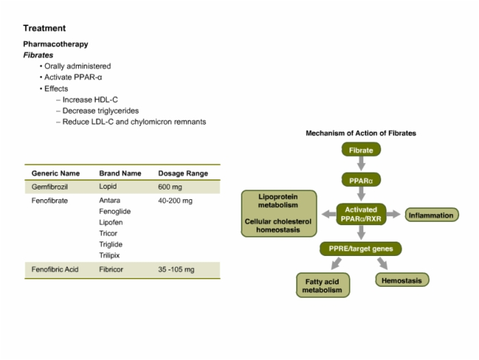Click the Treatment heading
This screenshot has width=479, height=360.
point(44,28)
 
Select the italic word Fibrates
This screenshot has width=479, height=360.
point(38,55)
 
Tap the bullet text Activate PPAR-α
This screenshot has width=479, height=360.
point(73,77)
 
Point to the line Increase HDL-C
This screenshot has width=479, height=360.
point(90,100)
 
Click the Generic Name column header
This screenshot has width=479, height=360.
point(55,173)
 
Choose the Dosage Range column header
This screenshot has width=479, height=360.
point(183,173)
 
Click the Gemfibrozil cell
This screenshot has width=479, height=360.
point(49,187)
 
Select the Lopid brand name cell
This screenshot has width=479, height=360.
point(108,186)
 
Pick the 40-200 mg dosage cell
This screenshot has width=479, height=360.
point(175,201)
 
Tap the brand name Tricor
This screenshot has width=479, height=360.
point(108,233)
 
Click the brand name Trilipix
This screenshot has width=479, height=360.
point(109,255)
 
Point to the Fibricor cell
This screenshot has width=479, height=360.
point(111,269)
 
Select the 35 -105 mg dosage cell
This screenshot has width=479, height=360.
point(177,269)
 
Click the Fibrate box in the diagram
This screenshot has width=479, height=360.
point(361,150)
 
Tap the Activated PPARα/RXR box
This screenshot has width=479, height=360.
point(361,214)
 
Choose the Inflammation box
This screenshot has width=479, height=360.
point(431,215)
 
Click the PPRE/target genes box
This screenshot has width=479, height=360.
point(361,248)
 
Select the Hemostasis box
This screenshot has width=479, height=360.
point(402,280)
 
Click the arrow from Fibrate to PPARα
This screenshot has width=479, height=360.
point(361,164)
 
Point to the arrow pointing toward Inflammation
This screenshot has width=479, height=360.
point(393,214)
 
